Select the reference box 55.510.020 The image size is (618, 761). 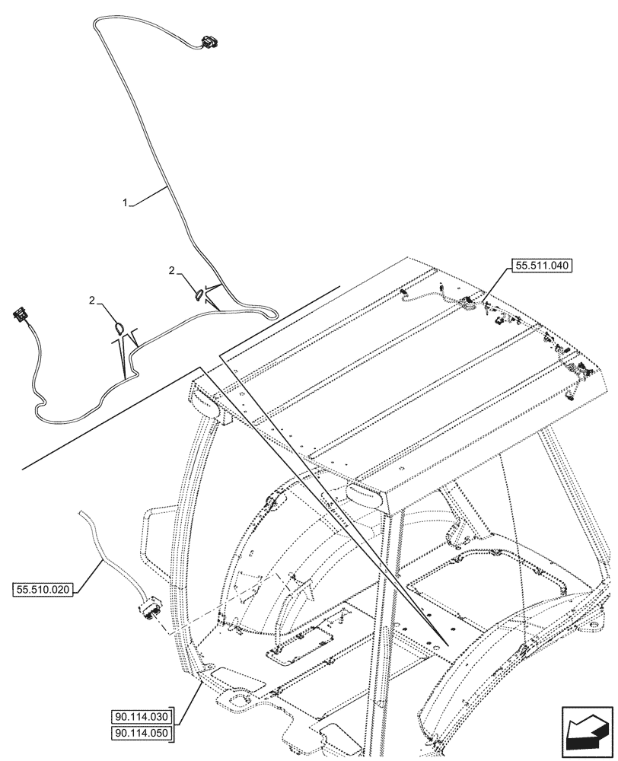pyautogui.click(x=43, y=589)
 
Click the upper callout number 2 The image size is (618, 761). pyautogui.click(x=173, y=270)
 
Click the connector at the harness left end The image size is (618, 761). pyautogui.click(x=21, y=314)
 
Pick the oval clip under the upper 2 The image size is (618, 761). pyautogui.click(x=199, y=292)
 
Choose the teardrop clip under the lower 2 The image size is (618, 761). pyautogui.click(x=119, y=327)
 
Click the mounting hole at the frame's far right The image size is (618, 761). pyautogui.click(x=591, y=626)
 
